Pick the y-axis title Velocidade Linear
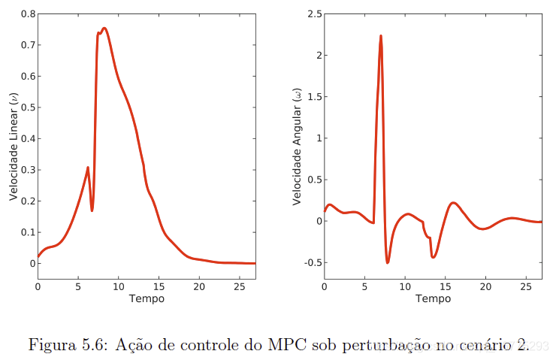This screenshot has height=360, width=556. point(13,147)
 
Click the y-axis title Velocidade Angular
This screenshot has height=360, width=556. point(297,147)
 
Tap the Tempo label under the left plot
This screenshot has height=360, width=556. point(147,299)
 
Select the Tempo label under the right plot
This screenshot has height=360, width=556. point(433,299)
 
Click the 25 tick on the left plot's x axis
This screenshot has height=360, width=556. point(240,286)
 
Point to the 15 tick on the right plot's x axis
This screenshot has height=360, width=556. point(446,286)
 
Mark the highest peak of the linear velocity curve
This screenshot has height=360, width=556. point(104,29)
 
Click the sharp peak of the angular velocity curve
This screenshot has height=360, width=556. point(381,36)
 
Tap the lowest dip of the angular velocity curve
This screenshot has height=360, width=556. point(388,262)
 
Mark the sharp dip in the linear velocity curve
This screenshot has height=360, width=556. point(92,210)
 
